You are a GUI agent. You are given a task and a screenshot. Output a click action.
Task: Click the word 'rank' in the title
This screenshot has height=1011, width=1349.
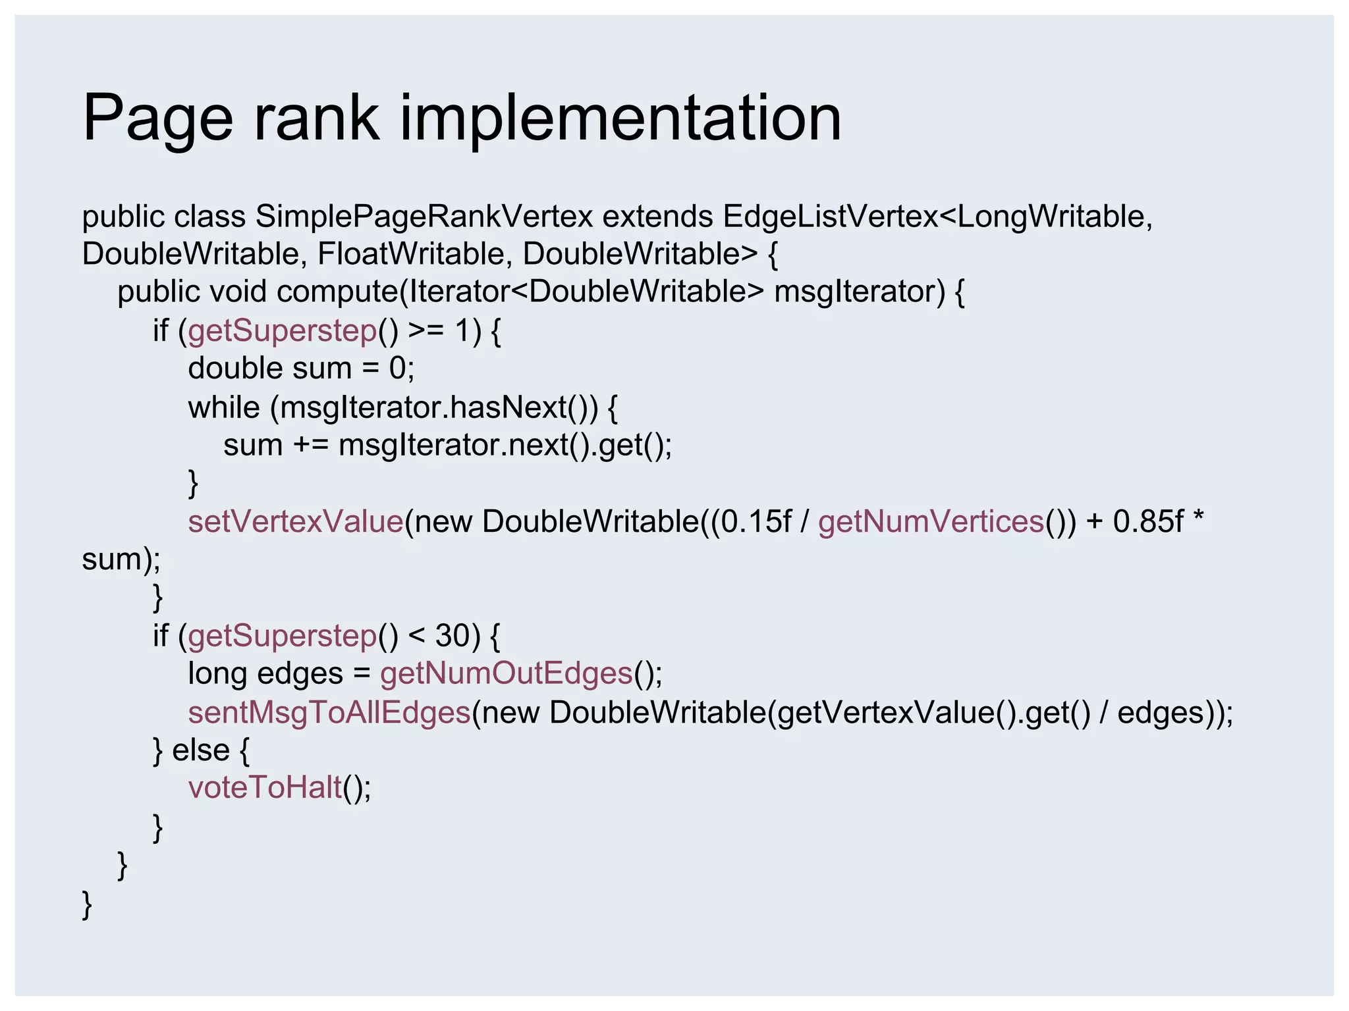click(315, 118)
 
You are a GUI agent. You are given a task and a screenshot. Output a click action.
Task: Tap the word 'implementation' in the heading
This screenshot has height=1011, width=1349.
click(620, 118)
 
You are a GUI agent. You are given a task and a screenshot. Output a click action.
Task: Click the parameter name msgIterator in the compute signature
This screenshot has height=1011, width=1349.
click(860, 292)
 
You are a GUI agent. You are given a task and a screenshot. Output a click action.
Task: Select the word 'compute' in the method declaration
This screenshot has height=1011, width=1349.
click(337, 292)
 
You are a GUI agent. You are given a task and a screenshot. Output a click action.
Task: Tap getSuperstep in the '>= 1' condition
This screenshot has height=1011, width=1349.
click(282, 330)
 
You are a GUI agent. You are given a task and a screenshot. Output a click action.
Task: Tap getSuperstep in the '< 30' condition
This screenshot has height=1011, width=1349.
click(282, 636)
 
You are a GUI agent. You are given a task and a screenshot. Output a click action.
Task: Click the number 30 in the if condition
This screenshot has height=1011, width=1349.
click(453, 636)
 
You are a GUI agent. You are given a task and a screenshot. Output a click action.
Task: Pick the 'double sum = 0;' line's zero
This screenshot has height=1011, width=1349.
click(397, 368)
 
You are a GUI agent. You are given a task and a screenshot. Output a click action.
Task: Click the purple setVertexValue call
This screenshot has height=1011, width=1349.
click(295, 521)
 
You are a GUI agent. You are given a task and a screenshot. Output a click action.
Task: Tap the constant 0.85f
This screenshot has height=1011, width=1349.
click(1148, 521)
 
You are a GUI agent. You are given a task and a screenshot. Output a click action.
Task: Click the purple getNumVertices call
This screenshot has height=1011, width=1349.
click(931, 521)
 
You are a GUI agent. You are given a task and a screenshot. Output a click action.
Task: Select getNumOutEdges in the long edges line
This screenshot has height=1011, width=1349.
click(506, 673)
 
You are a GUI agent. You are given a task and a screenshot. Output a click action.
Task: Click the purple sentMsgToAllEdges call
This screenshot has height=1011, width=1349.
click(329, 712)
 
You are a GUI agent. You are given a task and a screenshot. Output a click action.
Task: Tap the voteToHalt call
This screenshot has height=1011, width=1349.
click(265, 787)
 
